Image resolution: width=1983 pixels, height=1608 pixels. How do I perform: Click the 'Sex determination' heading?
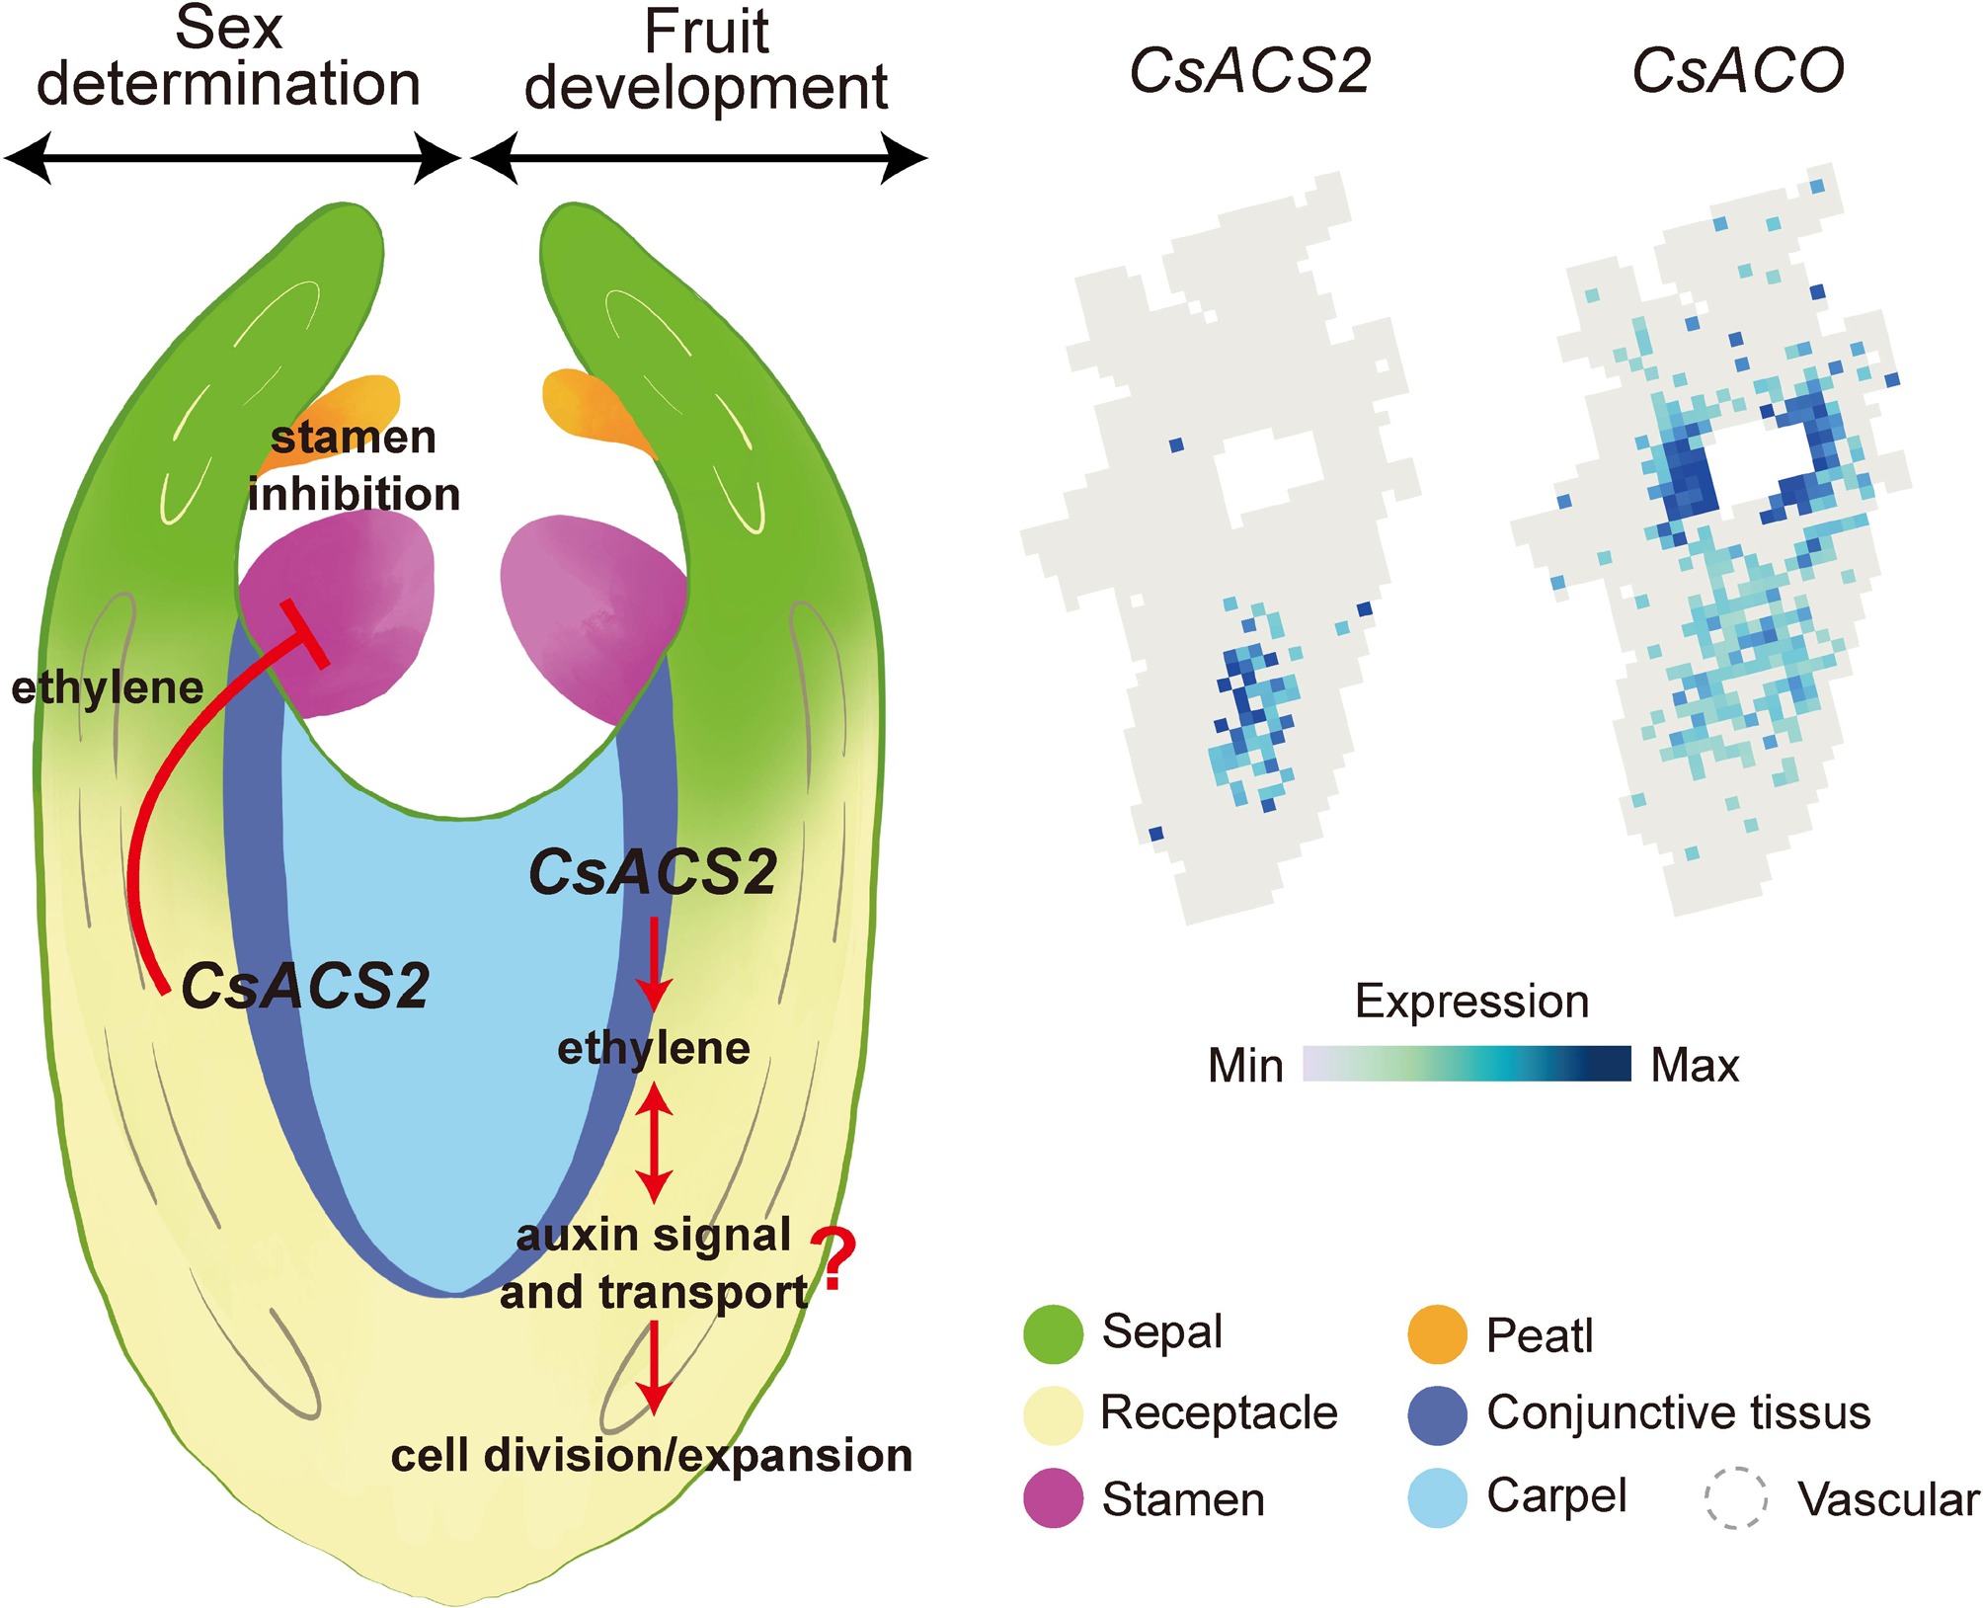pos(228,56)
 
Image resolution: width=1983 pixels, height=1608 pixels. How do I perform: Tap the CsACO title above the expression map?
pos(1737,71)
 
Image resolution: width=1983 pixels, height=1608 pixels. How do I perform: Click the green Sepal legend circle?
pos(1054,1333)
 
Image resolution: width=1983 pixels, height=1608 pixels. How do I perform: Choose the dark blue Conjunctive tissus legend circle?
pos(1437,1414)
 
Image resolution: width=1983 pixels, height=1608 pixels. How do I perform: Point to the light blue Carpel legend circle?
pos(1437,1497)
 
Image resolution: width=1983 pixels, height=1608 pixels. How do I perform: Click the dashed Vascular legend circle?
pos(1735,1497)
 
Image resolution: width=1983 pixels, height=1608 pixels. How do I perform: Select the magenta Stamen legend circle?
pos(1054,1497)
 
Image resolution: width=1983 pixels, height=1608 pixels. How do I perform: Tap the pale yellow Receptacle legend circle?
pos(1054,1414)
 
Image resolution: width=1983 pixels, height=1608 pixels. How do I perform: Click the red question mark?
pos(835,1259)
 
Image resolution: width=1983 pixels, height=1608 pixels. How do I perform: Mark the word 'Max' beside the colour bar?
pos(1695,1066)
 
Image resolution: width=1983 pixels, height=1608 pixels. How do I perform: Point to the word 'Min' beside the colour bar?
pos(1245,1066)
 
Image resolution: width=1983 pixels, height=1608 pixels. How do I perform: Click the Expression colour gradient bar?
pos(1467,1064)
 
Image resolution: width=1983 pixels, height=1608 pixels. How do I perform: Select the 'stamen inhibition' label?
pos(353,465)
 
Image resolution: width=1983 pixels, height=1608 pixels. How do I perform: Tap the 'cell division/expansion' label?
pos(652,1456)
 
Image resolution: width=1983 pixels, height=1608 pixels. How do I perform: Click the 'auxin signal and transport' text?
pos(654,1263)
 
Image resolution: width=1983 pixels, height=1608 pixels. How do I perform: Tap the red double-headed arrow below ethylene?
pos(654,1142)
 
